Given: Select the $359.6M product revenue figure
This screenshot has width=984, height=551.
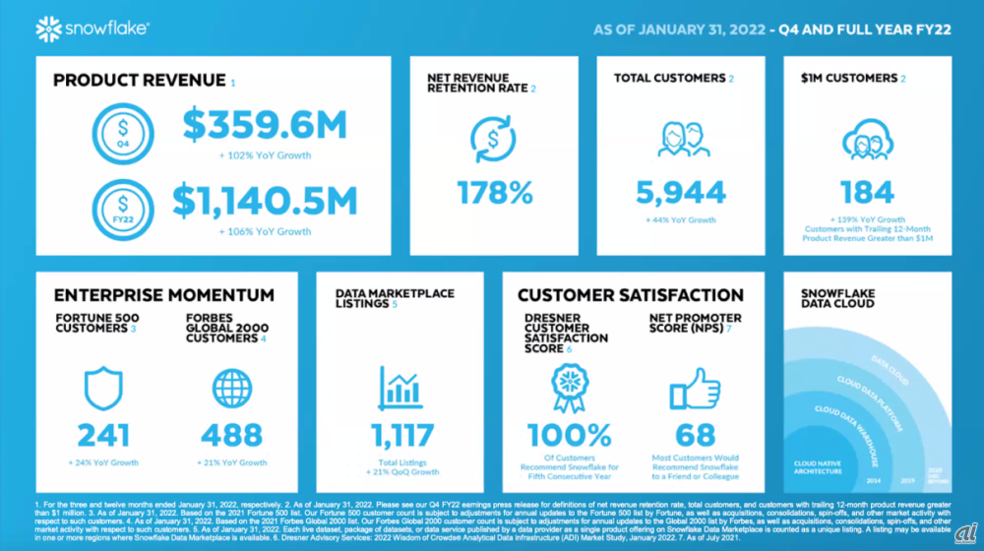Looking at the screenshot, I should click(x=265, y=125).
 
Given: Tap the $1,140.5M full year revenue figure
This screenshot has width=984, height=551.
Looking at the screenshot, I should click(x=265, y=201).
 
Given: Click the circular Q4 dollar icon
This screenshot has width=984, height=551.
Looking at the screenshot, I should click(x=122, y=133).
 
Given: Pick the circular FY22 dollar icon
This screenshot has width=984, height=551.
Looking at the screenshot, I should click(x=122, y=209).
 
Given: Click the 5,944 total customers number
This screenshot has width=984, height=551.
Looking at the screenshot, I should click(x=681, y=190).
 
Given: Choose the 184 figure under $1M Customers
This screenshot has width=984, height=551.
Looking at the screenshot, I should click(x=867, y=190).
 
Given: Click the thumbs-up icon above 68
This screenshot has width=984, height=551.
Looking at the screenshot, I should click(x=695, y=390).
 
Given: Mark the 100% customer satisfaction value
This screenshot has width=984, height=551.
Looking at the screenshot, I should click(x=570, y=434).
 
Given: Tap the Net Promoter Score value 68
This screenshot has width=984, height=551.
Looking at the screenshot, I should click(x=695, y=434).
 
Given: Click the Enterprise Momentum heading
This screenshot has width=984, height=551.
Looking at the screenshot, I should click(x=164, y=295).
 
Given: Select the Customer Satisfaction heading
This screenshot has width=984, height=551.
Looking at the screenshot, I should click(x=631, y=295).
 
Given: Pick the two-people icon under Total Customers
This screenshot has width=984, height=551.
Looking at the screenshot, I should click(x=681, y=139).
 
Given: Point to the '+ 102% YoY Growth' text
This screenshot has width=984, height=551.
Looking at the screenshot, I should click(x=265, y=155).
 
